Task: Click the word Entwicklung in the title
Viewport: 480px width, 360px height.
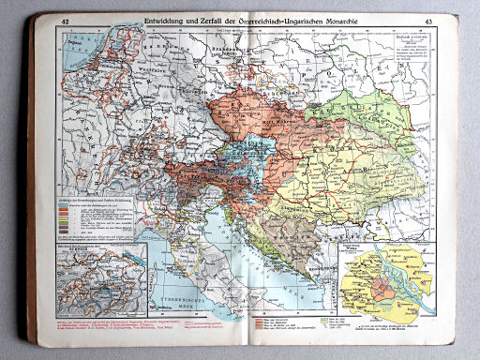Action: (x=161, y=21)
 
